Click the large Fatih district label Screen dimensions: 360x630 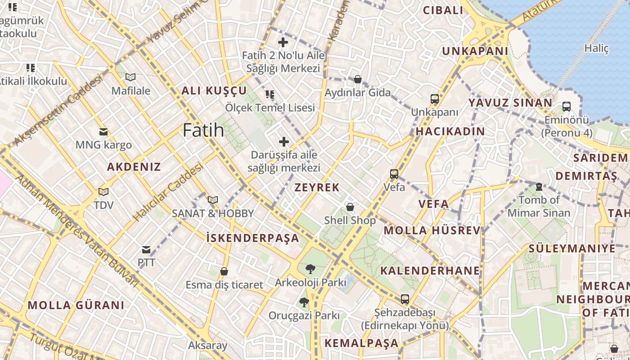pos(203,130)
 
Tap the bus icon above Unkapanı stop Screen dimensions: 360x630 pos(434,99)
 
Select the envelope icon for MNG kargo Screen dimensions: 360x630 pos(103,132)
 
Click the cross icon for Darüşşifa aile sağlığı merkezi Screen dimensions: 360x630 pos(284,142)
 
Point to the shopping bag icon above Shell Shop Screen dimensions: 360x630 pos(350,207)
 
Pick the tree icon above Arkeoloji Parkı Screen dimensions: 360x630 pos(310,269)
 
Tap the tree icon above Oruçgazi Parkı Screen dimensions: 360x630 pos(304,302)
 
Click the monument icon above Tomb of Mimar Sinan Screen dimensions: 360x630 pos(539,186)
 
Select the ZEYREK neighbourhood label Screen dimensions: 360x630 pos(317,188)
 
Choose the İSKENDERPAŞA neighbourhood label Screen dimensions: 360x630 pos(252,238)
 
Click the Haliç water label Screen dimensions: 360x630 pos(596,48)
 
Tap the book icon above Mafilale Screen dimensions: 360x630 pos(130,77)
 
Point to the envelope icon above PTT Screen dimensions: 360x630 pos(146,249)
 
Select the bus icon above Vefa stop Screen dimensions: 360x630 pos(394,174)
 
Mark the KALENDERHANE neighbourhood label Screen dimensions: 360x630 pos(430,270)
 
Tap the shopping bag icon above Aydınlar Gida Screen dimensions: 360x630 pos(358,79)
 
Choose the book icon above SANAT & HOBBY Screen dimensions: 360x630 pos(213,200)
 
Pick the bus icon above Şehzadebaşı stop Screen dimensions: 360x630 pos(405,299)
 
